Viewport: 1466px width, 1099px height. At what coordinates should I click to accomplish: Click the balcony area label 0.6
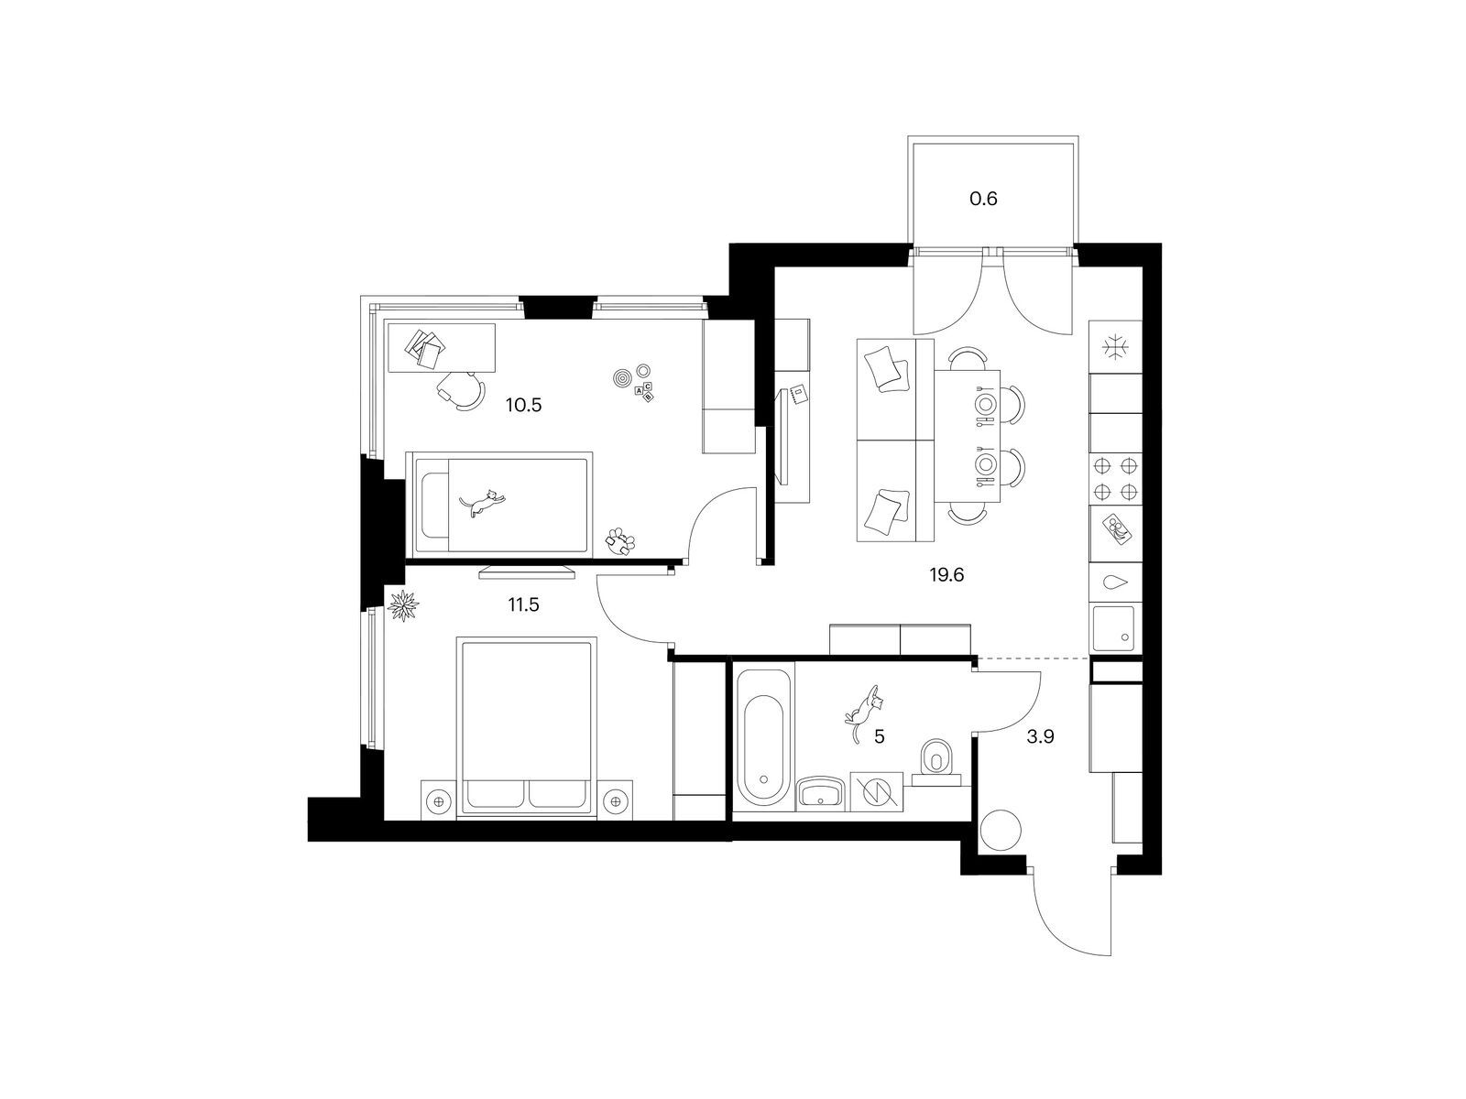point(983,199)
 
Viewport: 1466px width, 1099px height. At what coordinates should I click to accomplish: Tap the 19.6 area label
point(947,574)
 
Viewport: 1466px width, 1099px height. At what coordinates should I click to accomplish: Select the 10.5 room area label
point(523,405)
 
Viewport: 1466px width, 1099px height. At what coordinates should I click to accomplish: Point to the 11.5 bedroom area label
point(523,605)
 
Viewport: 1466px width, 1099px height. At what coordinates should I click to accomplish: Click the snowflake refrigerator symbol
point(1115,348)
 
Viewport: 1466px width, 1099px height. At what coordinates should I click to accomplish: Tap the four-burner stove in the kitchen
point(1115,479)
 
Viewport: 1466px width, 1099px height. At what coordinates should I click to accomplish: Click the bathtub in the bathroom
point(763,740)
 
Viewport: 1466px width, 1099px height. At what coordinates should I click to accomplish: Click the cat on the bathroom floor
point(864,712)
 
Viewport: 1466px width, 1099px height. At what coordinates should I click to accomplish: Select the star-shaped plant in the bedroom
point(403,606)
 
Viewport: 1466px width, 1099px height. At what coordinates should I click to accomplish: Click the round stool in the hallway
point(1001,830)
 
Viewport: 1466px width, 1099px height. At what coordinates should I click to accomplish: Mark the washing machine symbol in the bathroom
point(876,792)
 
